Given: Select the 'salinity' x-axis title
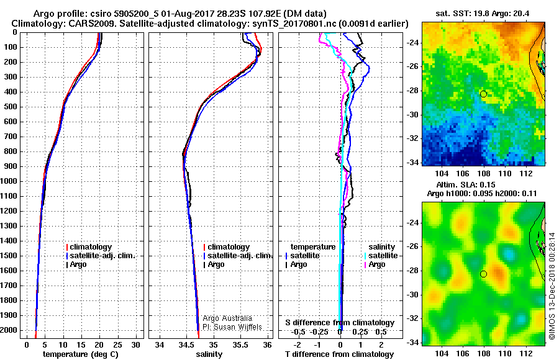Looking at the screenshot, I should coord(209,354).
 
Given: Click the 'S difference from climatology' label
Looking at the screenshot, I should coord(340,323).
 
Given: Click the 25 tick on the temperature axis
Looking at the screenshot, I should coord(118,344).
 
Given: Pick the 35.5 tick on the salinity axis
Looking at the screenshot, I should coord(241,344).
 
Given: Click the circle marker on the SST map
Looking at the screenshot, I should coord(483,94).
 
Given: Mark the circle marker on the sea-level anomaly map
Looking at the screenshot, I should coord(483,274).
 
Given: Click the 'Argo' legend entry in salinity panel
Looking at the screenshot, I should coord(216,264).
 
